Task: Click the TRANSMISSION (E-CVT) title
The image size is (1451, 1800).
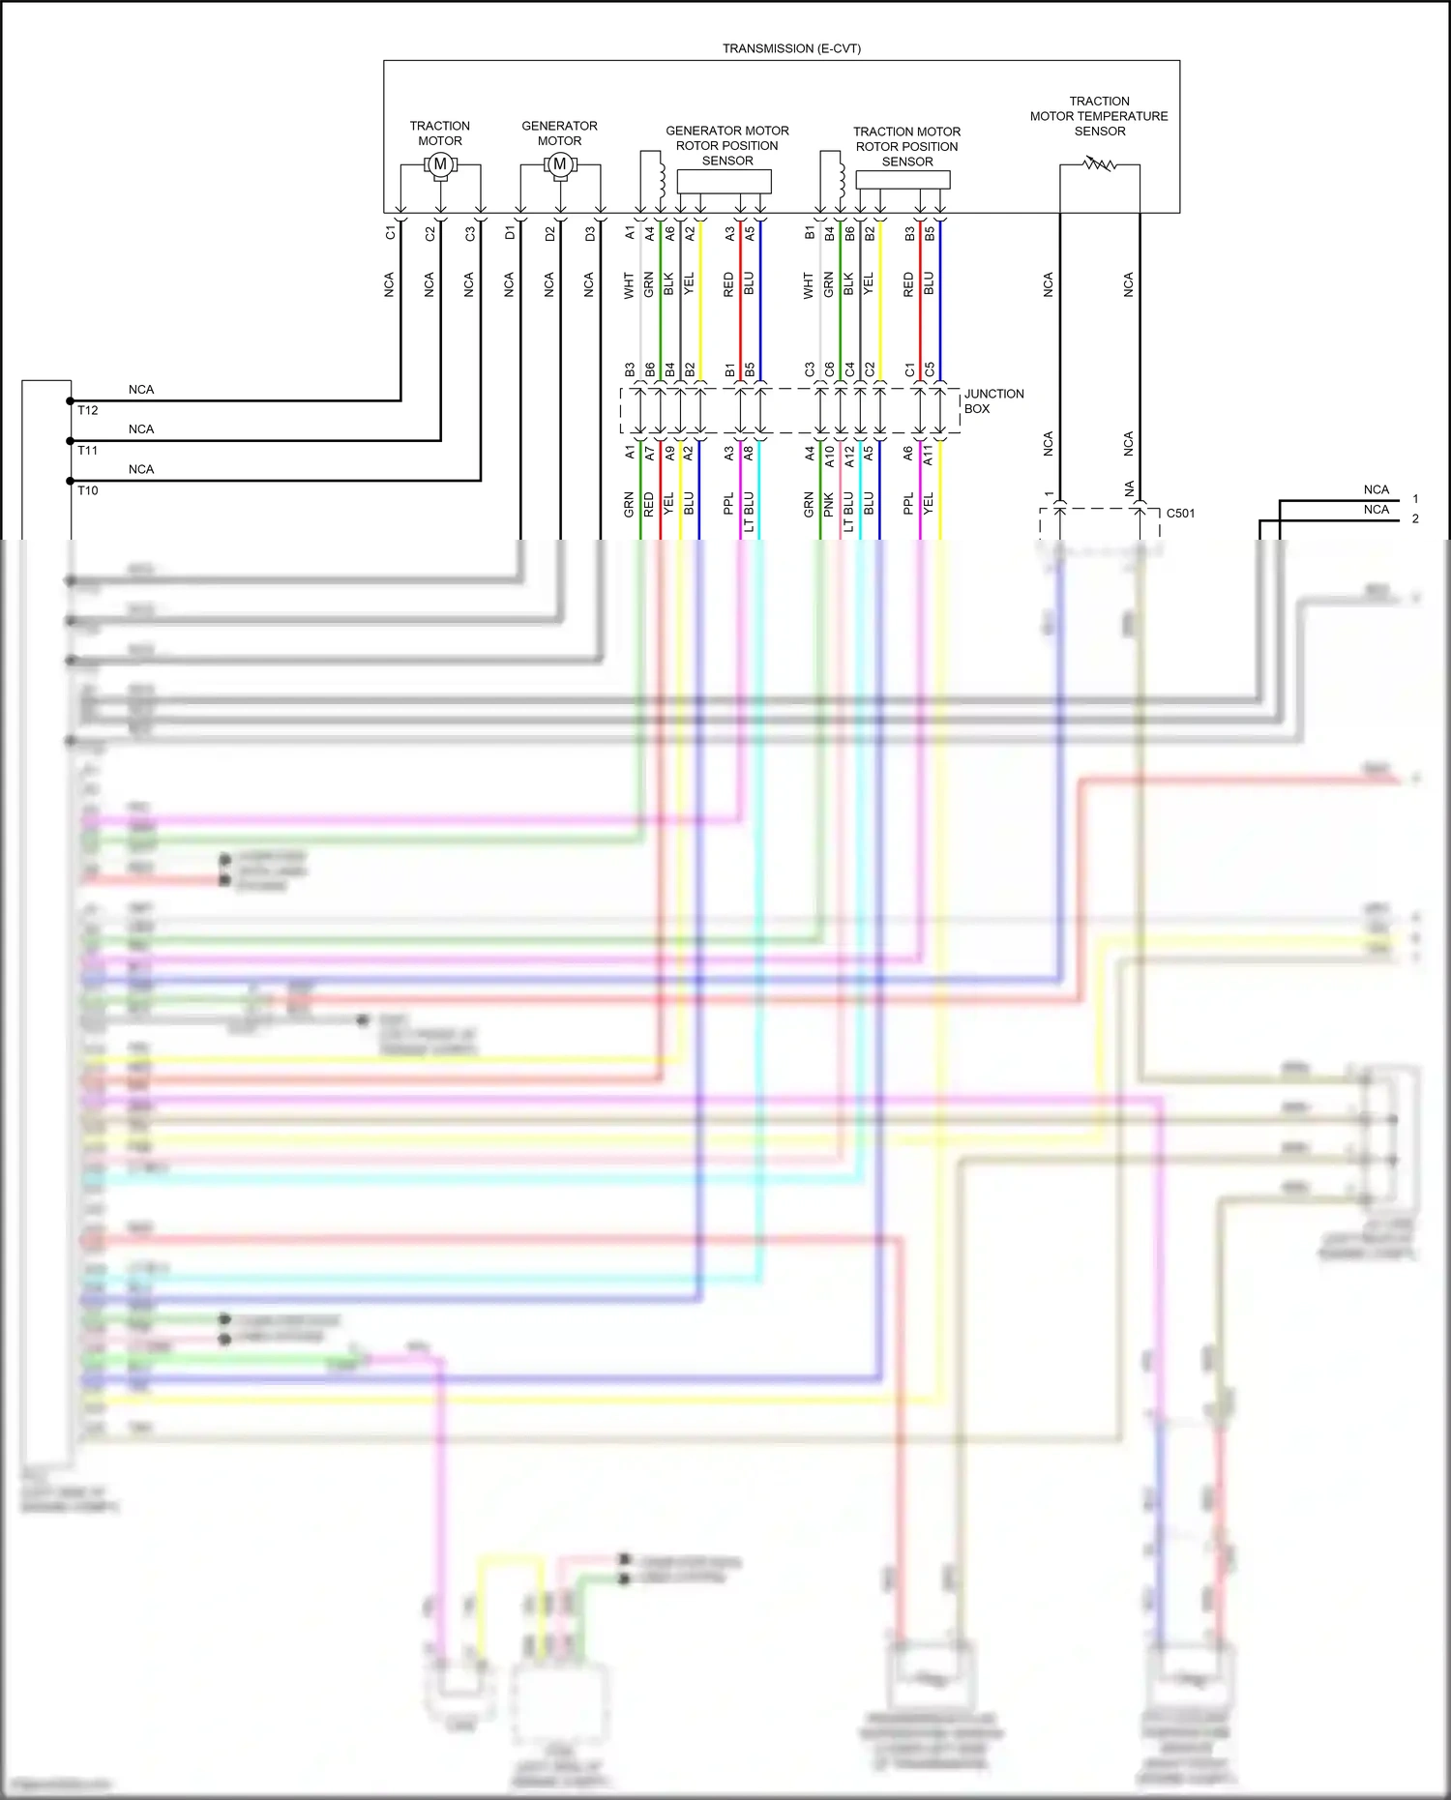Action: coord(791,48)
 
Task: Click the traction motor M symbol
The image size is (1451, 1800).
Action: coord(440,164)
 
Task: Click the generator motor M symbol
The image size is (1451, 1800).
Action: coord(559,164)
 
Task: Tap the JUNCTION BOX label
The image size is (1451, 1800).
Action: coord(992,401)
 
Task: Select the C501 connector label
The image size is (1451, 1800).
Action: coord(1180,514)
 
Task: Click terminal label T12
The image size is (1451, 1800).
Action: coord(88,410)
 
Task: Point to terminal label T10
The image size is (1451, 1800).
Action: coord(88,490)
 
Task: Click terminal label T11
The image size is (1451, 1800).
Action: coord(88,450)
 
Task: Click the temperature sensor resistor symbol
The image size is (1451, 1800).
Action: coord(1100,164)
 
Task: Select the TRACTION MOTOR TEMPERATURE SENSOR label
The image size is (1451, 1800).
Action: coord(1099,116)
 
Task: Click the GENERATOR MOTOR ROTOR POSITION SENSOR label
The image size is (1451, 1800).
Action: coord(726,145)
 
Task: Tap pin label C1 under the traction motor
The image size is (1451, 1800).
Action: coord(391,233)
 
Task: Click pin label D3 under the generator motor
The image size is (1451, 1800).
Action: coord(590,233)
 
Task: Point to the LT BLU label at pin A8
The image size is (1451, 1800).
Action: coord(749,512)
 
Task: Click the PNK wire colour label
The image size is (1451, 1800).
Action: coord(829,504)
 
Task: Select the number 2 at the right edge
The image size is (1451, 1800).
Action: coord(1415,519)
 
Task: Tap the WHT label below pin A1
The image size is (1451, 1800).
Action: coord(629,285)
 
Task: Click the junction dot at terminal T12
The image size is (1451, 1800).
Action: coord(70,400)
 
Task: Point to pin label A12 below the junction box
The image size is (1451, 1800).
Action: coord(849,456)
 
